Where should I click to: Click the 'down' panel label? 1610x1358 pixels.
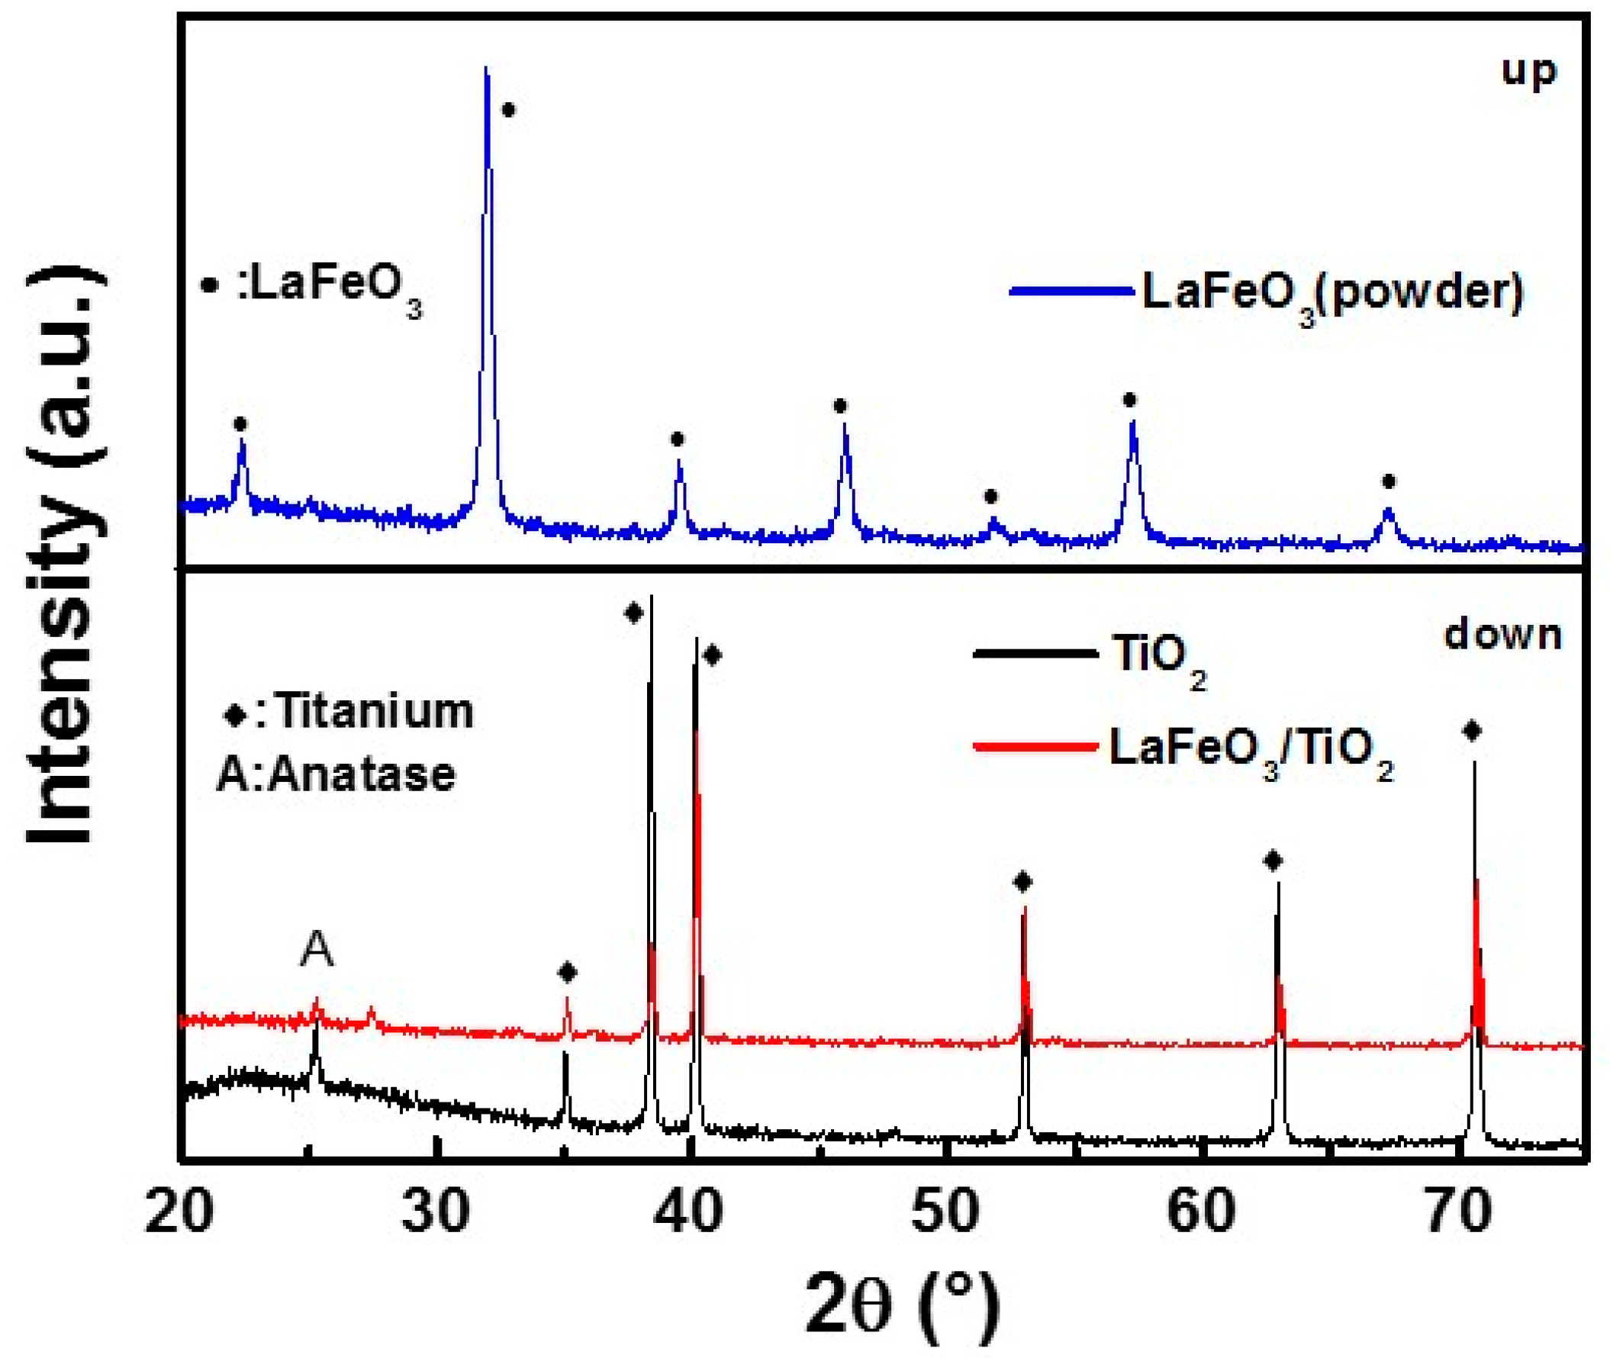(1502, 636)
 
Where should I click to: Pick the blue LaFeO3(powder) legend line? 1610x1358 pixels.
(1071, 291)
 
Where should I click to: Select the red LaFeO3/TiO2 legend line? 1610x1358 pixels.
(1035, 746)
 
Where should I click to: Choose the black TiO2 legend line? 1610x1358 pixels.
(1035, 654)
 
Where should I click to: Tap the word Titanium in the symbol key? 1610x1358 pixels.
(374, 711)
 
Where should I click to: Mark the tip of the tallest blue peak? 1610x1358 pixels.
(486, 69)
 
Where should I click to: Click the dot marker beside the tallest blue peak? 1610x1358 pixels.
(508, 110)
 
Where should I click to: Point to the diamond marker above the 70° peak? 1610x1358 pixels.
(1471, 731)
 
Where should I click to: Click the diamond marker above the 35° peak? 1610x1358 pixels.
(567, 972)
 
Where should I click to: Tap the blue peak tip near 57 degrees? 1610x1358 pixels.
(1132, 423)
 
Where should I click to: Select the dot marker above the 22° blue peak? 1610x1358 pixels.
(240, 424)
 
